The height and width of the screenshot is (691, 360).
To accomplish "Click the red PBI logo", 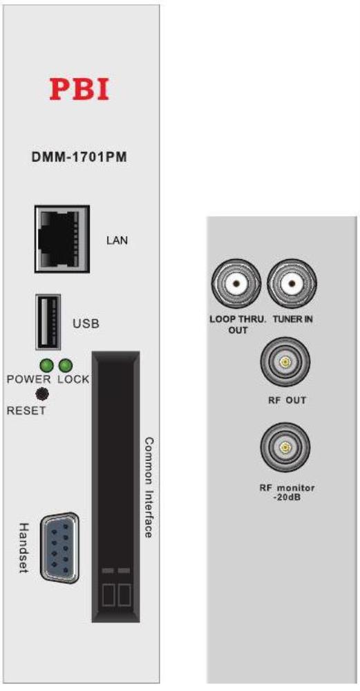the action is [x=79, y=88].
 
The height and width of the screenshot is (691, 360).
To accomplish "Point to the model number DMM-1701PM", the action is [x=79, y=158].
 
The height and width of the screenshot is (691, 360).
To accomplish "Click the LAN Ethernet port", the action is [x=62, y=239].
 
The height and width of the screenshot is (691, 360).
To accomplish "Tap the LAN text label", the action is [x=117, y=240].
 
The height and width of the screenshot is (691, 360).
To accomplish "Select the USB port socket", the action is [x=48, y=323].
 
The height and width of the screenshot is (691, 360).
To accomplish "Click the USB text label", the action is [x=86, y=324].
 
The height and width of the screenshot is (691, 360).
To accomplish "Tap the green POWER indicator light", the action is [x=46, y=366].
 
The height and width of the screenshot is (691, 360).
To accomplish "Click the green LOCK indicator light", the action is [x=66, y=366].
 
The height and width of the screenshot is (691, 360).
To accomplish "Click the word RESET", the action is [x=26, y=411].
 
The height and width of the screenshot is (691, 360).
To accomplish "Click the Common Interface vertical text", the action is [x=149, y=487].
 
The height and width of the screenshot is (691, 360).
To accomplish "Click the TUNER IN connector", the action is [x=292, y=284].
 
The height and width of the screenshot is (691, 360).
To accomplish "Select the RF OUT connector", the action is [x=285, y=362].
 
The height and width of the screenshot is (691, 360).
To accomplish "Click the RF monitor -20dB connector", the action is [x=285, y=448].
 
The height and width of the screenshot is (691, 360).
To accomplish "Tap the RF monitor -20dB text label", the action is [x=287, y=492].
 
